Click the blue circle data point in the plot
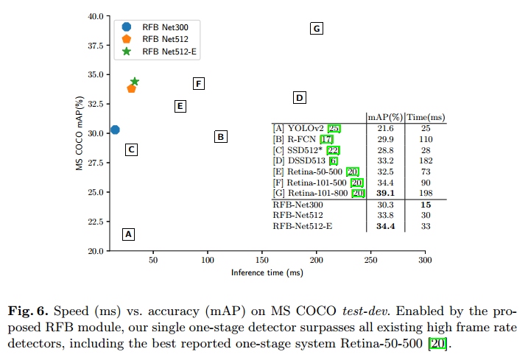click(115, 130)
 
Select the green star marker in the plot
click(135, 82)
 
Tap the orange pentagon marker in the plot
click(132, 88)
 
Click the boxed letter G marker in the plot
click(317, 29)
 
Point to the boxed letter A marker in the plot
click(128, 234)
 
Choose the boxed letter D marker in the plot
click(299, 98)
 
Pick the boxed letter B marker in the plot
click(220, 136)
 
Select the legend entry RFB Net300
click(165, 27)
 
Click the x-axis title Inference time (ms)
click(267, 272)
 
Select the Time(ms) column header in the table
click(426, 116)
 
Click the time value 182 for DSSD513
click(426, 160)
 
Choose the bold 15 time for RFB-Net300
click(426, 205)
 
